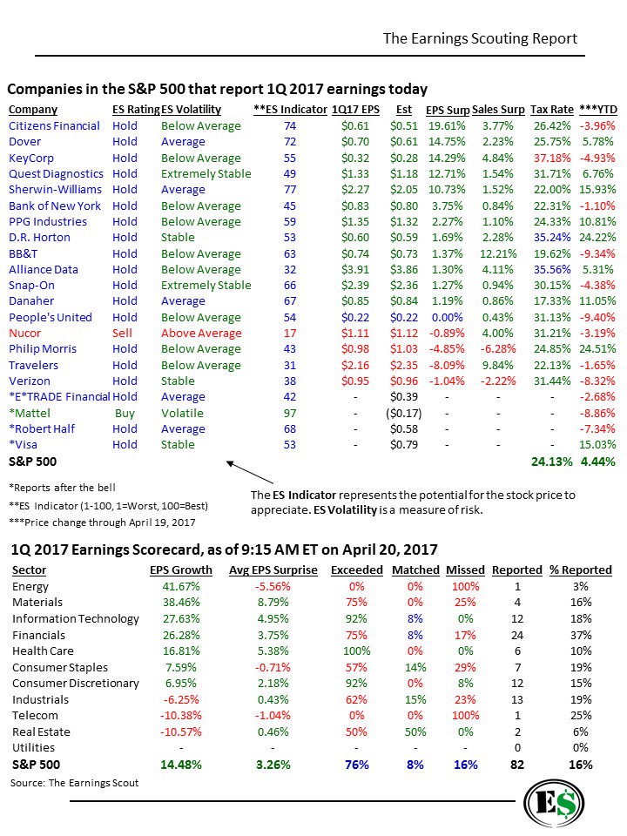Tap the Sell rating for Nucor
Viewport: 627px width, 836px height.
click(x=123, y=334)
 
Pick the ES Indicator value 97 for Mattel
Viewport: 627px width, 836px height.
click(x=289, y=413)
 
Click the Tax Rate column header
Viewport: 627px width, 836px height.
click(x=551, y=110)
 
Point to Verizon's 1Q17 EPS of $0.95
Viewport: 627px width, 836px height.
click(x=355, y=381)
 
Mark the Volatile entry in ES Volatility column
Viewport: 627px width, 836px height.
click(x=182, y=413)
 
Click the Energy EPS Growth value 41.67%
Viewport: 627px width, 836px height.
click(x=181, y=587)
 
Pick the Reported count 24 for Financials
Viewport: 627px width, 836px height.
click(x=517, y=636)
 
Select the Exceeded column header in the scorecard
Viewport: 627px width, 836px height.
click(x=356, y=570)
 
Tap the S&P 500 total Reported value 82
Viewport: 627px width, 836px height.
click(x=517, y=765)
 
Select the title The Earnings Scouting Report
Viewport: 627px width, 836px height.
click(x=480, y=39)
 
